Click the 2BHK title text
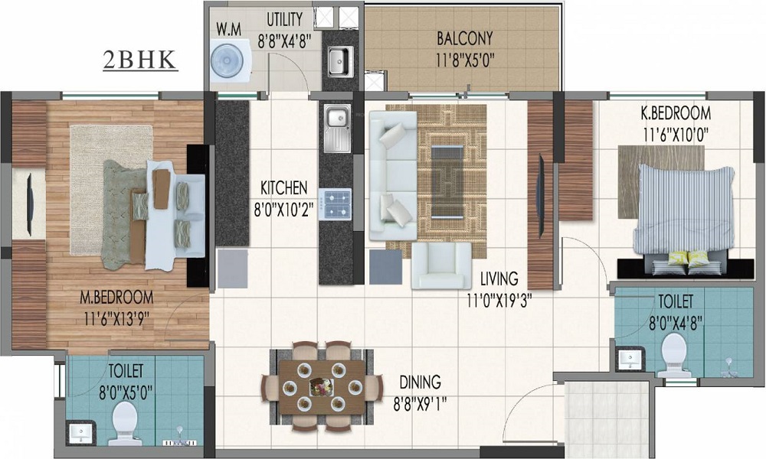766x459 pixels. tap(140, 60)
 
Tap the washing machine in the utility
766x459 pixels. tap(227, 60)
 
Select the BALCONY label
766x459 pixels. tap(464, 38)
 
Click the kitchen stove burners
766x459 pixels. tap(336, 203)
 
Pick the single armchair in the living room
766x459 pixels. tap(440, 266)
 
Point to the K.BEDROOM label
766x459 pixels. tap(676, 113)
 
